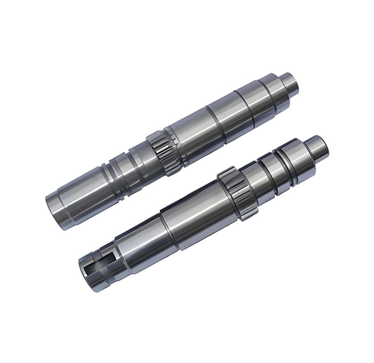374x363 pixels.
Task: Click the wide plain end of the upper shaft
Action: pos(70,195)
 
